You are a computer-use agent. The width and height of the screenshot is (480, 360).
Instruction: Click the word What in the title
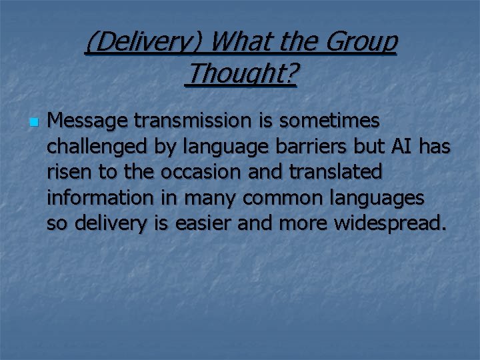click(x=241, y=42)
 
